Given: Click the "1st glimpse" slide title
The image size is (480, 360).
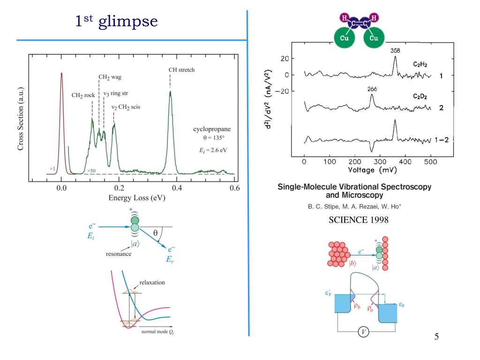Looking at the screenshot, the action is (117, 21).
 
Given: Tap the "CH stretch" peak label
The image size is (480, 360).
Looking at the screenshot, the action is (181, 70).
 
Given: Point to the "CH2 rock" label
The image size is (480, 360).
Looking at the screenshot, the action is (83, 95).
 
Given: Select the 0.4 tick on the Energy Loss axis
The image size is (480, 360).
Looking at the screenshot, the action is (177, 188).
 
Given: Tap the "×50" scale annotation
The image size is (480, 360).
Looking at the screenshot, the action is (91, 171).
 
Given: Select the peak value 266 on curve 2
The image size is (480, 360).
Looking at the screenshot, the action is (372, 89).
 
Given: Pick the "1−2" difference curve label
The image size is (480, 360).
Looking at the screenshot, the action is (441, 140).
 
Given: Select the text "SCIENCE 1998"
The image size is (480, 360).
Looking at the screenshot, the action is (358, 220).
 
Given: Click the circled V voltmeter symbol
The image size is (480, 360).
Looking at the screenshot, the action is (363, 332).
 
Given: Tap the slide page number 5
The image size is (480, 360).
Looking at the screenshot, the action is (436, 337).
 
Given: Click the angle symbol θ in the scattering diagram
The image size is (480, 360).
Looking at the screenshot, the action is (155, 232).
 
